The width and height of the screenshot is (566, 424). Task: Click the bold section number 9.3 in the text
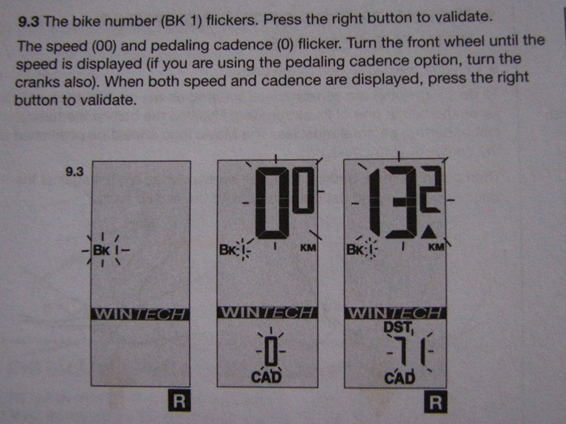[28, 23]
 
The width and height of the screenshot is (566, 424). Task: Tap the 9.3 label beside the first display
[74, 172]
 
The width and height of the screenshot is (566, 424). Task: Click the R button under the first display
[179, 401]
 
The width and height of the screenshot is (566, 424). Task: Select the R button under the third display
[435, 401]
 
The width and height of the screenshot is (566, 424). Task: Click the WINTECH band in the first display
[140, 314]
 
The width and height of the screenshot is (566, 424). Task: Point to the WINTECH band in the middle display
[267, 312]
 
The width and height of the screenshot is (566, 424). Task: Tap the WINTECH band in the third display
[395, 313]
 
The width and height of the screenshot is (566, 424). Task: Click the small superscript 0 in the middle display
[304, 189]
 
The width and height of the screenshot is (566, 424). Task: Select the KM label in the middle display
[308, 248]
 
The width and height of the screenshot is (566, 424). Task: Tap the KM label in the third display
[436, 247]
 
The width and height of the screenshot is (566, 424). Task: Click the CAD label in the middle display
[266, 377]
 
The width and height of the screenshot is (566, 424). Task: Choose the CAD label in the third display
[399, 378]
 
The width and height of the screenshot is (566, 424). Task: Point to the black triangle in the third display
[429, 232]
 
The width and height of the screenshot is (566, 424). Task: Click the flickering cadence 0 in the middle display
[271, 351]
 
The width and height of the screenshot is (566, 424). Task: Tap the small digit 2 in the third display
[430, 189]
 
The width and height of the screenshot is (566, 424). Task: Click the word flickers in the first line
[232, 19]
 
